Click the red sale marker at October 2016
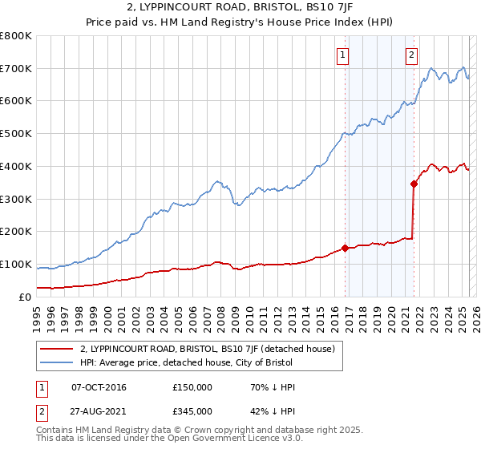coord(346,248)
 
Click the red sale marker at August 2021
coord(414,184)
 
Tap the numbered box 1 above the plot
coord(342,55)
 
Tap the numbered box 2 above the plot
coord(411,55)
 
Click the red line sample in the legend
coord(56,349)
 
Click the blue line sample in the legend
coord(56,362)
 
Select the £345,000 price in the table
coord(192,411)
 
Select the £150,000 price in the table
coord(192,387)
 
